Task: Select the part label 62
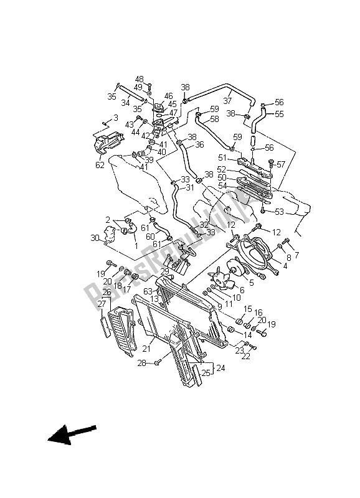[100, 166]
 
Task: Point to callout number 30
[95, 238]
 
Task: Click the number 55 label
[279, 114]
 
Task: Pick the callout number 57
[280, 165]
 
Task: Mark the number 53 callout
[279, 212]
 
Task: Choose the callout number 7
[296, 255]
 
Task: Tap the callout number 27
[101, 304]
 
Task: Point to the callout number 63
[147, 290]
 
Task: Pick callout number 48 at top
[139, 80]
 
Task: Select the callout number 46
[169, 96]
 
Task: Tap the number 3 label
[115, 118]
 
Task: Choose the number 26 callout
[107, 292]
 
